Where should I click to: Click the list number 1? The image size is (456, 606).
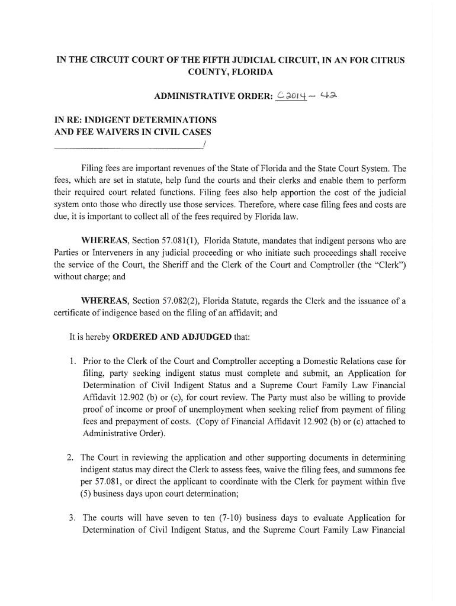72,360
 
